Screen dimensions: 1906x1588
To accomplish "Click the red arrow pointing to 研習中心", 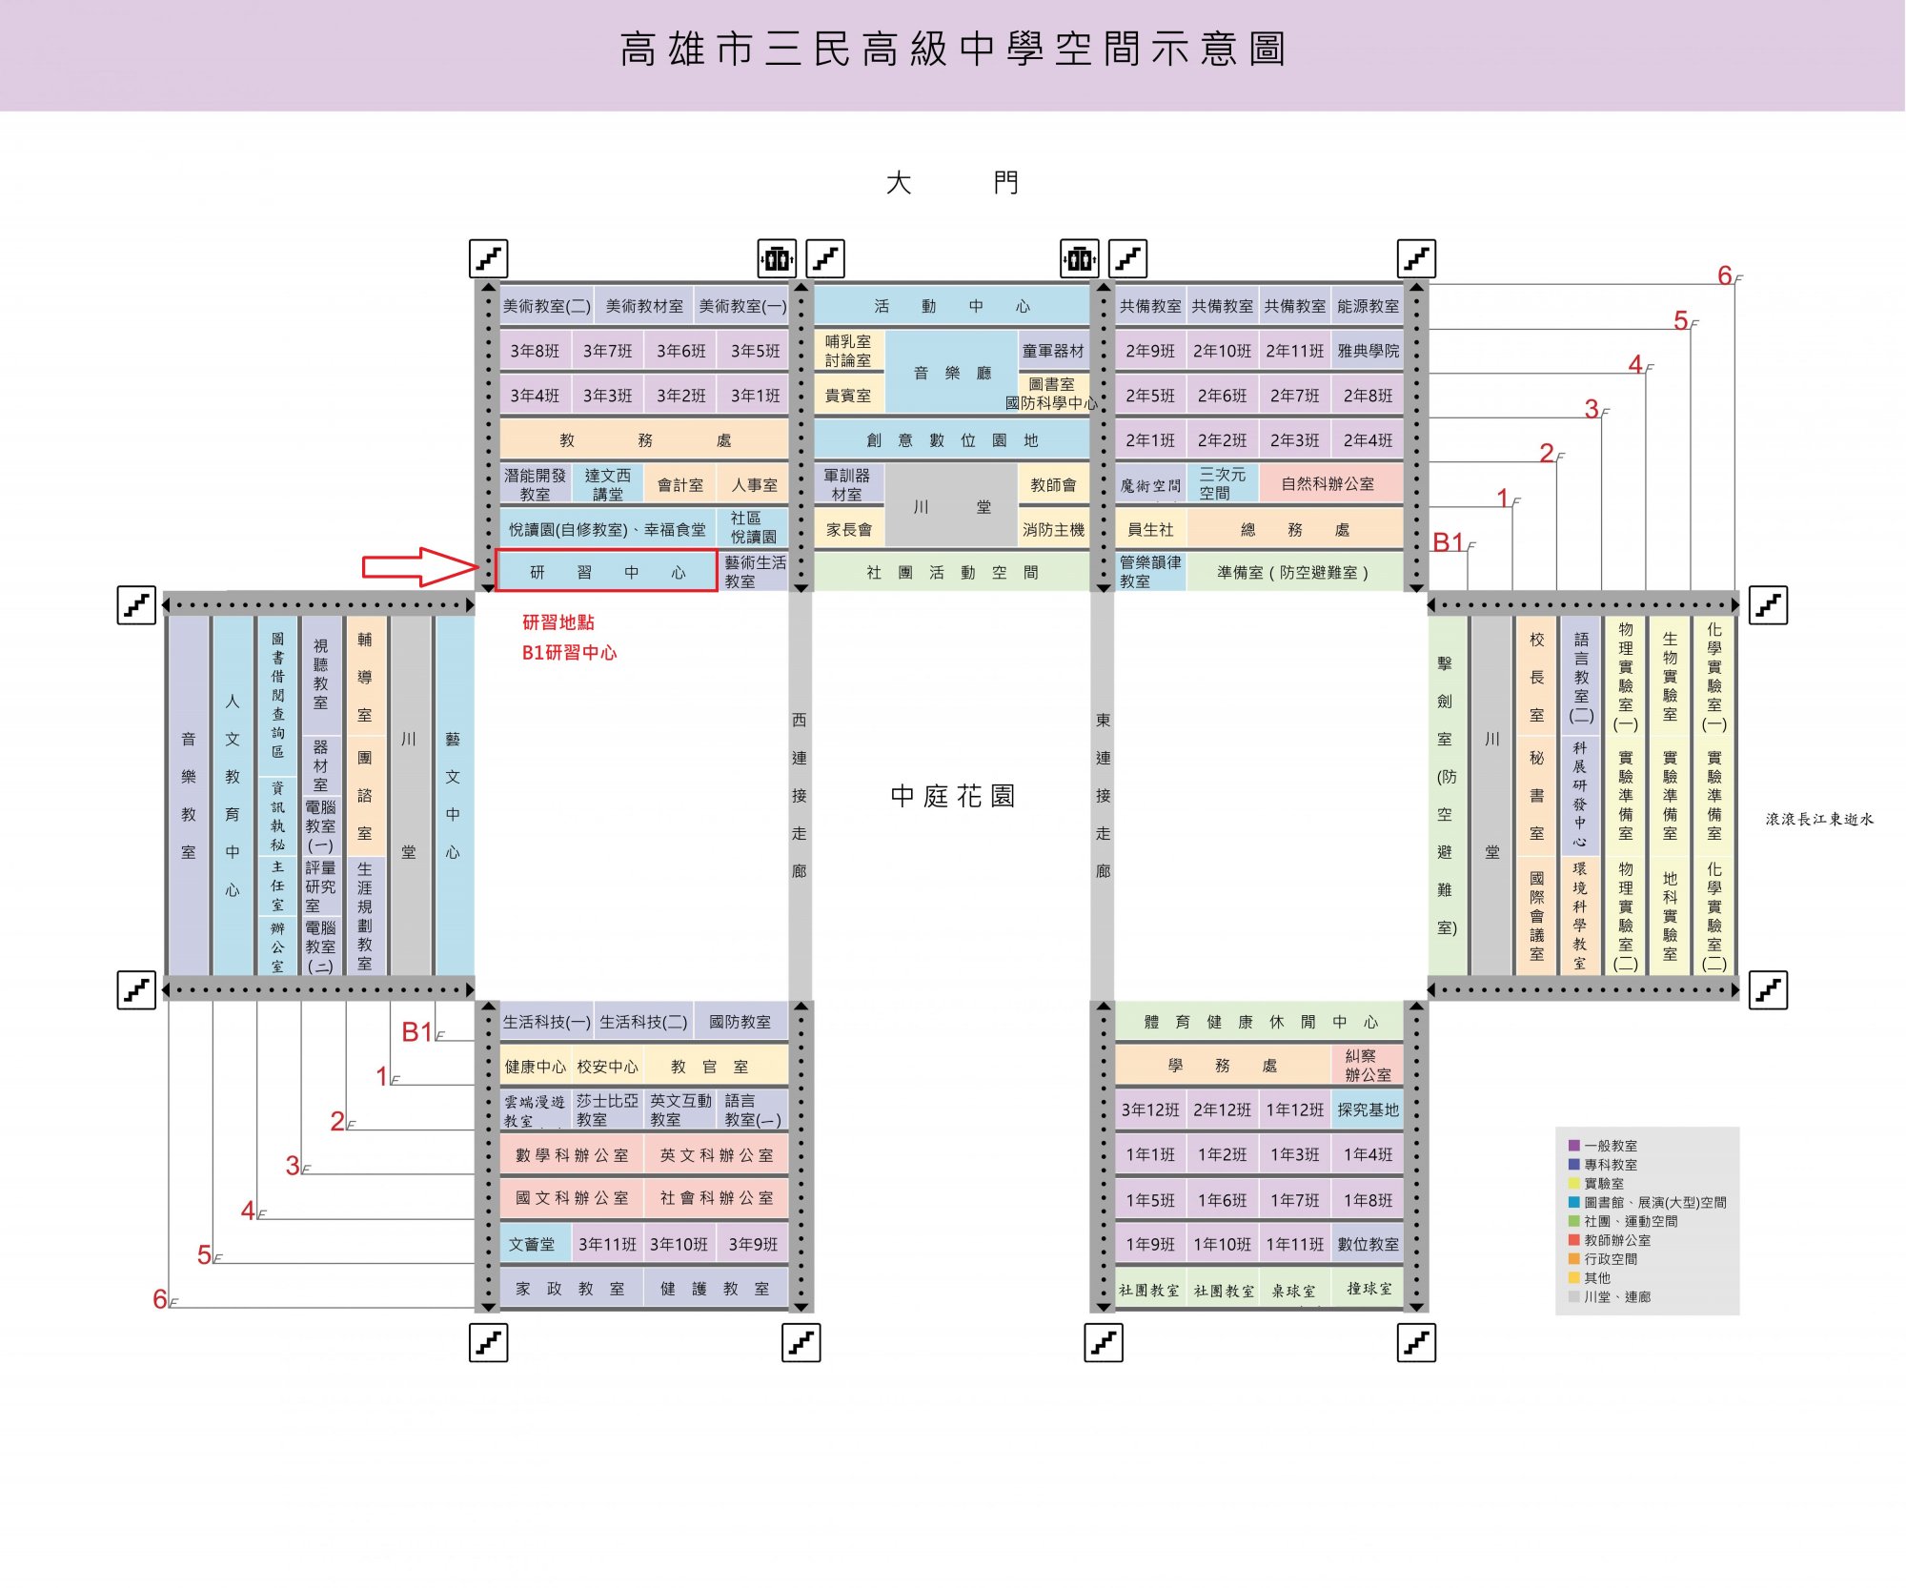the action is tap(420, 567).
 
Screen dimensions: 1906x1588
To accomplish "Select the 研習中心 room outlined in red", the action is tap(607, 571).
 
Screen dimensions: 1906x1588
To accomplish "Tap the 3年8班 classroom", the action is tap(535, 351).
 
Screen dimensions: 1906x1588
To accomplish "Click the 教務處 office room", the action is tap(644, 440).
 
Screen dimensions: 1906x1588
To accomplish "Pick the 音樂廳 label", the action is tap(952, 373).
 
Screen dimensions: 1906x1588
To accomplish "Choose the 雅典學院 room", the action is tap(1368, 351).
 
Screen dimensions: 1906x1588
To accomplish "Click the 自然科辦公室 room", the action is tap(1330, 484).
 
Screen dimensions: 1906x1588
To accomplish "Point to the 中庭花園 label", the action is tap(952, 796).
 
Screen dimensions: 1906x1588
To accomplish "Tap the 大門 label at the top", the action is tap(952, 182).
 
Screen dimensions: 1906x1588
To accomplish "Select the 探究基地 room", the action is tap(1368, 1110).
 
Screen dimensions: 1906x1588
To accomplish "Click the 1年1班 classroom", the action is tap(1150, 1154).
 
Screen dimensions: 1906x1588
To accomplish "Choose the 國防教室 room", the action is tap(740, 1022).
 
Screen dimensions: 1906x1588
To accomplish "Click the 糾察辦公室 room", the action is tap(1368, 1065).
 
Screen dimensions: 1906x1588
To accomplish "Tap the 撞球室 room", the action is tap(1368, 1289).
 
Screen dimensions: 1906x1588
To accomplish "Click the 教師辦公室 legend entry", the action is tap(1610, 1240).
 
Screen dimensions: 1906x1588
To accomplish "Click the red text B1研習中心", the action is tap(569, 653).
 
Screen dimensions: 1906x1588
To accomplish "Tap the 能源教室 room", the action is tap(1368, 306).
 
